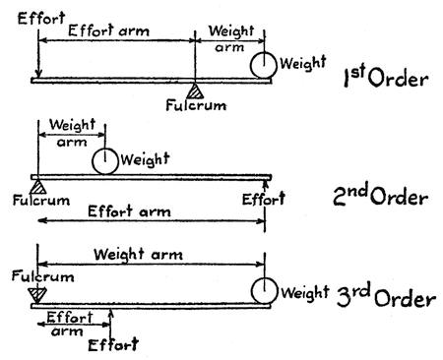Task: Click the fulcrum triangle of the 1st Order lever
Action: [x=195, y=91]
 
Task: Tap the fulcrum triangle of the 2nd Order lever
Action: [x=38, y=187]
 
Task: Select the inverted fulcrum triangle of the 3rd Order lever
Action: [x=37, y=295]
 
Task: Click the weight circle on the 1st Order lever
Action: [x=264, y=65]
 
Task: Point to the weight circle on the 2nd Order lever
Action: [x=105, y=161]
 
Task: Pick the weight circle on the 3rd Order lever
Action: [x=265, y=291]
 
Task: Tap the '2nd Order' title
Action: [x=381, y=195]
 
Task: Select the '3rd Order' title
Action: [x=386, y=296]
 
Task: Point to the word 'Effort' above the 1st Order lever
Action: [x=41, y=19]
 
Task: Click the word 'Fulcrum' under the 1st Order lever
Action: [x=196, y=105]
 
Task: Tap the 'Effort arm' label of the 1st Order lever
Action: [x=108, y=30]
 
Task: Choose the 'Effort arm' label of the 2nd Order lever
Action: [x=129, y=211]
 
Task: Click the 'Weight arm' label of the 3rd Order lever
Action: [x=138, y=255]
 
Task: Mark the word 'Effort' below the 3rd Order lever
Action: [x=113, y=345]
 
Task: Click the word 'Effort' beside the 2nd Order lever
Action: [x=264, y=199]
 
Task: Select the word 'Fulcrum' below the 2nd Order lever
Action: [x=41, y=201]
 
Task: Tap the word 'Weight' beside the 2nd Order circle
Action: [x=145, y=159]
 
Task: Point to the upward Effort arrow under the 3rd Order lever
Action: [x=111, y=325]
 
